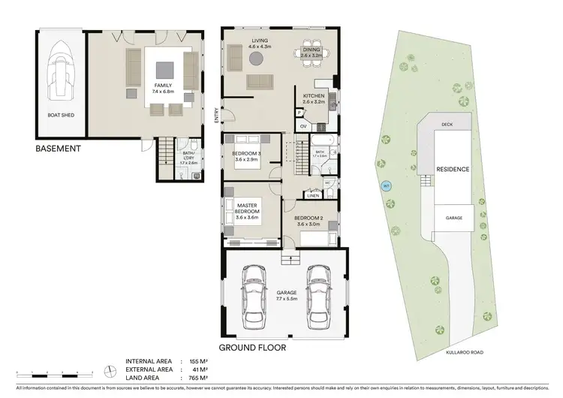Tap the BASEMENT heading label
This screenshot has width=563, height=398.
click(58, 149)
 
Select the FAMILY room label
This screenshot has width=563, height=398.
click(164, 89)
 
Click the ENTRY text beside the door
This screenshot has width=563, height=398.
click(216, 116)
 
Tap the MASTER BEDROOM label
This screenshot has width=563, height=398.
click(248, 210)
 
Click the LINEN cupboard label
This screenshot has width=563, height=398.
click(314, 195)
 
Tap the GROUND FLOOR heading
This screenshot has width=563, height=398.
click(251, 348)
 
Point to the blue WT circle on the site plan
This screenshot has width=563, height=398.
click(387, 186)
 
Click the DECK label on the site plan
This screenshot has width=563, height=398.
click(447, 125)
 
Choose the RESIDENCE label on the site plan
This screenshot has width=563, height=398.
click(453, 170)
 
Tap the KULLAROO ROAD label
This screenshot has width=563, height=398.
click(465, 349)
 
